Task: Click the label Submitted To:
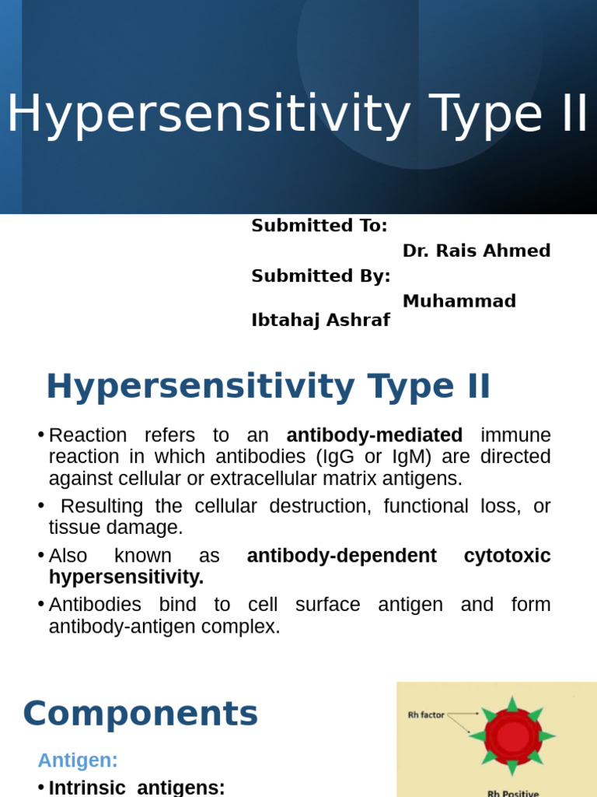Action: coord(319,226)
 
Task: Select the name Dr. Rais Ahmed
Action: coord(477,251)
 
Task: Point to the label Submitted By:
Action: coord(321,276)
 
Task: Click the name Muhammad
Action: coord(459,301)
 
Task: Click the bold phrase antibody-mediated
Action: coord(374,435)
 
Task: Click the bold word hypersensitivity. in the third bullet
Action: coord(126,577)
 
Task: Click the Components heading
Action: coord(141,714)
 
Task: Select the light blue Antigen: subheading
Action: coord(78,760)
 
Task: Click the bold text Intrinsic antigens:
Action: coord(137,788)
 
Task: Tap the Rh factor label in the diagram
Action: coord(426,714)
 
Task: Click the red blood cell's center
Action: coord(512,736)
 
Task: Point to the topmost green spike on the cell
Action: coord(512,704)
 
